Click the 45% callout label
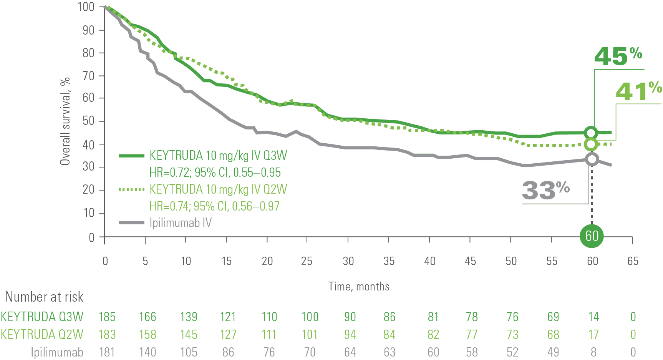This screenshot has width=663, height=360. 618,57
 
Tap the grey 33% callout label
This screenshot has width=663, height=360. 545,190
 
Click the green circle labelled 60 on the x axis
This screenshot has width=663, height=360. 592,236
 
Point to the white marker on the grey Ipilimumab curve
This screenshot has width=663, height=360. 592,159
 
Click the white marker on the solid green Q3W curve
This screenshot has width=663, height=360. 591,133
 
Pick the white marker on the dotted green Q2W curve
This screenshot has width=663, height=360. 591,144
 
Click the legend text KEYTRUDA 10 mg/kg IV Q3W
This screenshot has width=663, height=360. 218,156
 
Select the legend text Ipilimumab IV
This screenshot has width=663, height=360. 180,223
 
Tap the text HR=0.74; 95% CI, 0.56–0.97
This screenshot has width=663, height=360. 214,206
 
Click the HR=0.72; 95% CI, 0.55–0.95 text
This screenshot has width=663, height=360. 215,173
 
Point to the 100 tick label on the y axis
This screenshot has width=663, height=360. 86,7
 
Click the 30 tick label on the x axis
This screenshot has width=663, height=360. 348,261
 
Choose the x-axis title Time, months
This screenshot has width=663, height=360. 359,287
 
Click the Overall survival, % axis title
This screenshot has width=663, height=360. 65,121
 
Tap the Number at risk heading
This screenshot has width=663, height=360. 44,297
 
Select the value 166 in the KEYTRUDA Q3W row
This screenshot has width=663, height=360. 148,317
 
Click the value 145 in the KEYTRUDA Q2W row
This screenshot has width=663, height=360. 189,335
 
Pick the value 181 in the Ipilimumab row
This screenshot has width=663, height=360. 107,352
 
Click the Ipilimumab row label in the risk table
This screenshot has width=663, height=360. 57,352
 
